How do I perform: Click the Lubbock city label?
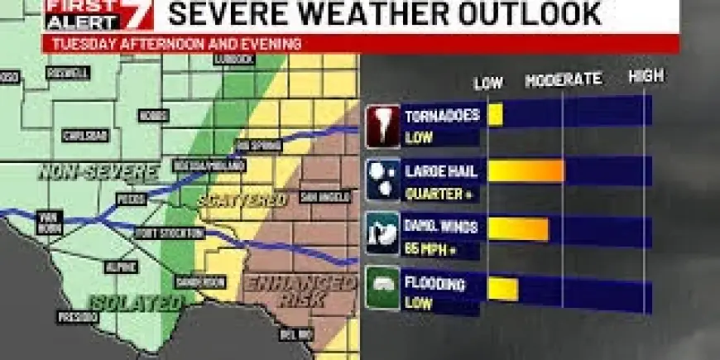(x=238, y=60)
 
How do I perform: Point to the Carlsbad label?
(x=84, y=135)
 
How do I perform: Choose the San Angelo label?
(x=319, y=197)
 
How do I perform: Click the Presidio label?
(x=78, y=317)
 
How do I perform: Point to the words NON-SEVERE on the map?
(x=98, y=173)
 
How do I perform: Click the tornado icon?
(x=382, y=126)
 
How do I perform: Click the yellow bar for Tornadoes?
(x=495, y=114)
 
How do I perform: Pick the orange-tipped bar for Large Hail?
(x=526, y=170)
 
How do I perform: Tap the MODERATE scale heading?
(x=563, y=80)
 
